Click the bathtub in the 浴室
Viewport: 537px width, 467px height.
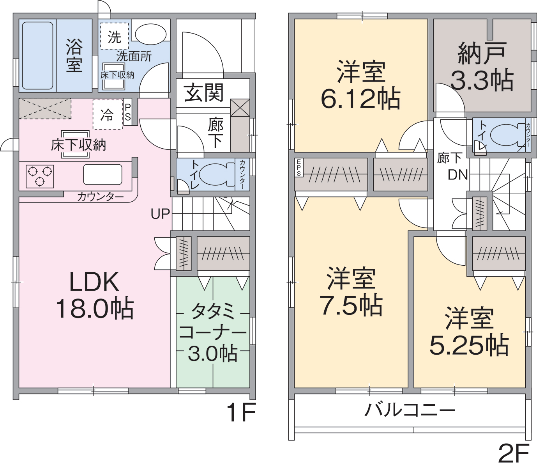pyautogui.click(x=37, y=56)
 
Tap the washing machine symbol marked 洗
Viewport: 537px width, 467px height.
pyautogui.click(x=115, y=36)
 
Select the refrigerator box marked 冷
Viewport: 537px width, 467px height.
pyautogui.click(x=108, y=115)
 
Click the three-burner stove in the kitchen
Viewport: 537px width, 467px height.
pyautogui.click(x=40, y=176)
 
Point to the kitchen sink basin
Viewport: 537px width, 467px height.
pyautogui.click(x=102, y=174)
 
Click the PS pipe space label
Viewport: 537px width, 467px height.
pyautogui.click(x=128, y=112)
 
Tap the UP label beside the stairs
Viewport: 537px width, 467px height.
pyautogui.click(x=160, y=214)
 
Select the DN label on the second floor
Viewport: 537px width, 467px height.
pyautogui.click(x=458, y=175)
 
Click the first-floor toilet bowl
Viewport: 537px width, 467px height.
pyautogui.click(x=217, y=174)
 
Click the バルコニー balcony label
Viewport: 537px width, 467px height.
pyautogui.click(x=410, y=410)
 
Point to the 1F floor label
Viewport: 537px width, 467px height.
pyautogui.click(x=241, y=413)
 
